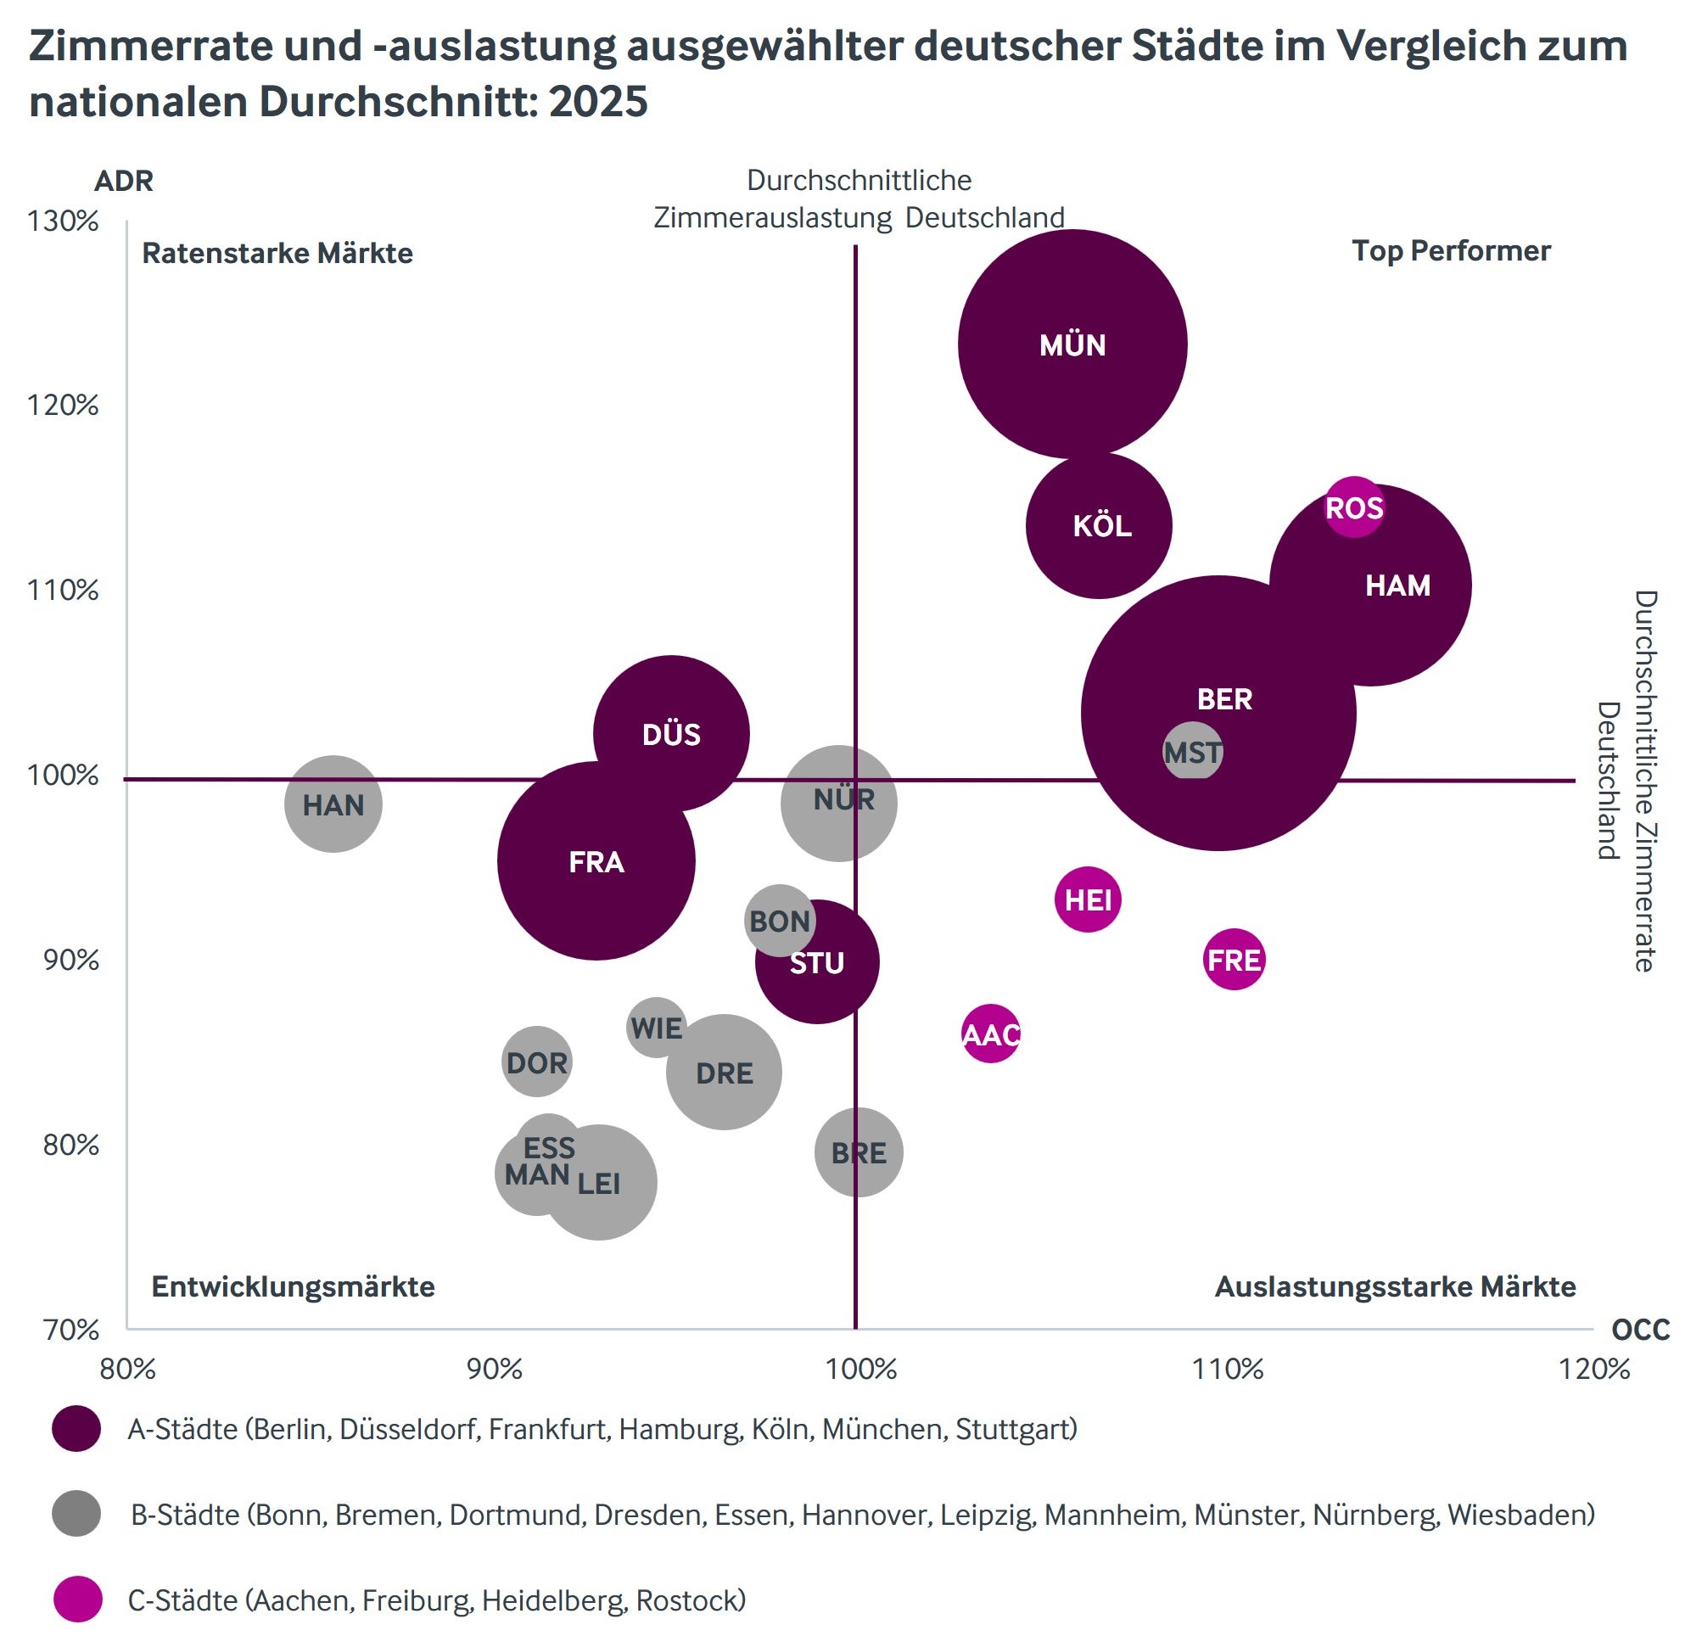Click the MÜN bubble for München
(1072, 344)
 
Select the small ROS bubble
(1354, 507)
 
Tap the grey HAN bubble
(333, 804)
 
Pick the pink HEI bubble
(1088, 899)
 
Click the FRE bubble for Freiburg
(1234, 960)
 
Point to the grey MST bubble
(1193, 751)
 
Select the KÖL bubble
(1100, 525)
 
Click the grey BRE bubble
(859, 1152)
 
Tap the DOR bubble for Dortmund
(537, 1062)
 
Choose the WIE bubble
(657, 1028)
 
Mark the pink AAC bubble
(991, 1034)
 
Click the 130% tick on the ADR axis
(64, 221)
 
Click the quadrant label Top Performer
(1451, 251)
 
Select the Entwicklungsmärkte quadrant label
(293, 1286)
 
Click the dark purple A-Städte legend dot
(76, 1428)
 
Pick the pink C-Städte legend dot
(76, 1600)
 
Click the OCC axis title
(1640, 1331)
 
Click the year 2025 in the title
(598, 102)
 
